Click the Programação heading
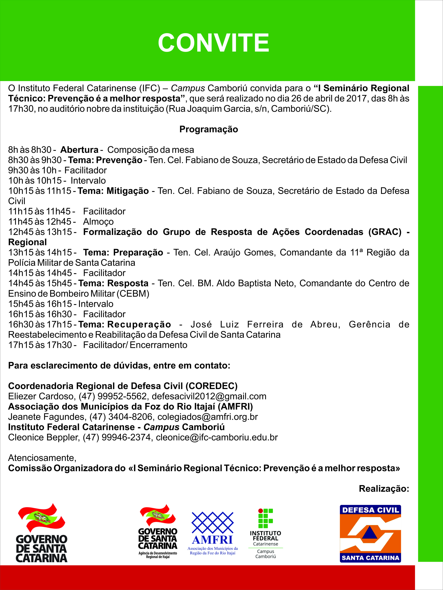point(209,129)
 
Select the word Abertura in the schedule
point(79,150)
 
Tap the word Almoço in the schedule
point(98,222)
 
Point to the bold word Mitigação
point(128,191)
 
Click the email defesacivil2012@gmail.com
point(209,396)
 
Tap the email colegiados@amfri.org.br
point(207,417)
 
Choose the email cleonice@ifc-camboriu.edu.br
point(217,437)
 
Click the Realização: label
point(384,489)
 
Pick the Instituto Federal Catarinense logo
point(265,533)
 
